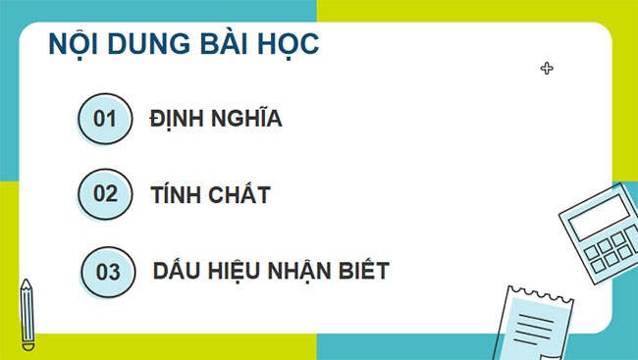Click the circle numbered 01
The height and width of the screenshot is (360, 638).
coord(103,120)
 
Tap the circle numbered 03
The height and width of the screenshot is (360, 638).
coord(107,272)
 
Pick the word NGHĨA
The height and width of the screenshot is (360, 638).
coord(247,120)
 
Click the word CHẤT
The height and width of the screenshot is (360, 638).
coord(239,194)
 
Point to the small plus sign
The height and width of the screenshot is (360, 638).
coord(547,68)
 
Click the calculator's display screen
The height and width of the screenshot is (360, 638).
coord(598,218)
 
